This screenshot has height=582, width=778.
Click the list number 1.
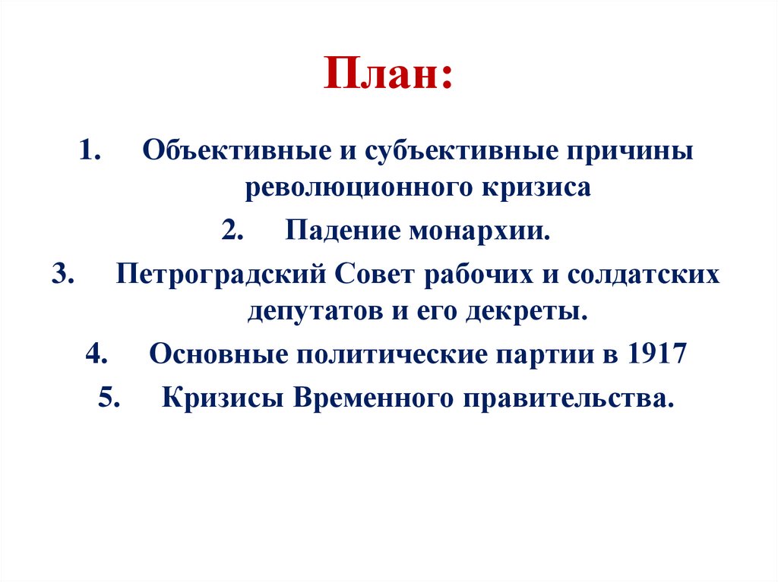89,149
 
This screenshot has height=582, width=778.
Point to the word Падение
343,231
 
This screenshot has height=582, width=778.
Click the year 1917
658,354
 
